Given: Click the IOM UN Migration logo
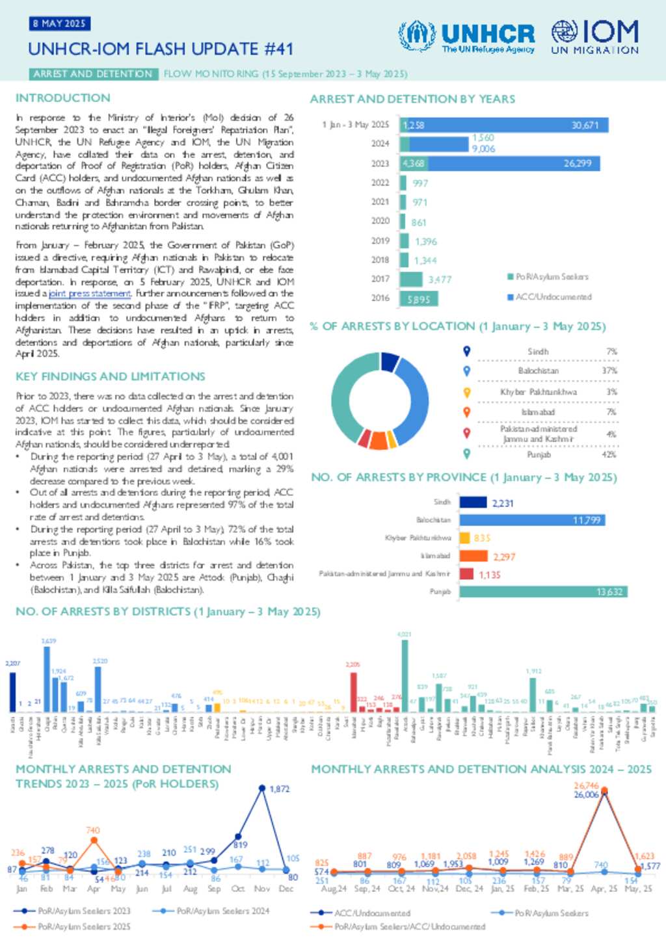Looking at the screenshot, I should (594, 36).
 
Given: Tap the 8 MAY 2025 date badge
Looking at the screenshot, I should (59, 23).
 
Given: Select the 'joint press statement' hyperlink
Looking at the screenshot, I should (90, 294).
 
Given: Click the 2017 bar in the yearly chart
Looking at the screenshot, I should (411, 279).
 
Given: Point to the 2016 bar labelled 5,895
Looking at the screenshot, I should (418, 298).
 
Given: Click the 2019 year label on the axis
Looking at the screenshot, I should (380, 241).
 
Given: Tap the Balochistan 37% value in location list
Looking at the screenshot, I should (609, 371).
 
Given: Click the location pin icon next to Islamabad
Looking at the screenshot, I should (466, 412).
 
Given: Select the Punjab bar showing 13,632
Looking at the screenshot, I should (543, 592).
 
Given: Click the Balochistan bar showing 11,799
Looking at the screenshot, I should (532, 520).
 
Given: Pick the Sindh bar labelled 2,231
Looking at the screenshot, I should (473, 503).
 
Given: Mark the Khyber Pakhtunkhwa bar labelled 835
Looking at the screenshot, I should (464, 538).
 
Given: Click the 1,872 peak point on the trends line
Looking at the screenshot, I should (262, 788).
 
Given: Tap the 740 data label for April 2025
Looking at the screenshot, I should (93, 830).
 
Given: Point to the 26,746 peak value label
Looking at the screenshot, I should (586, 786).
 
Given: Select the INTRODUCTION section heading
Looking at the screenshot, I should (63, 98).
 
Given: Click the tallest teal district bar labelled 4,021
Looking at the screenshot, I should (405, 676).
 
